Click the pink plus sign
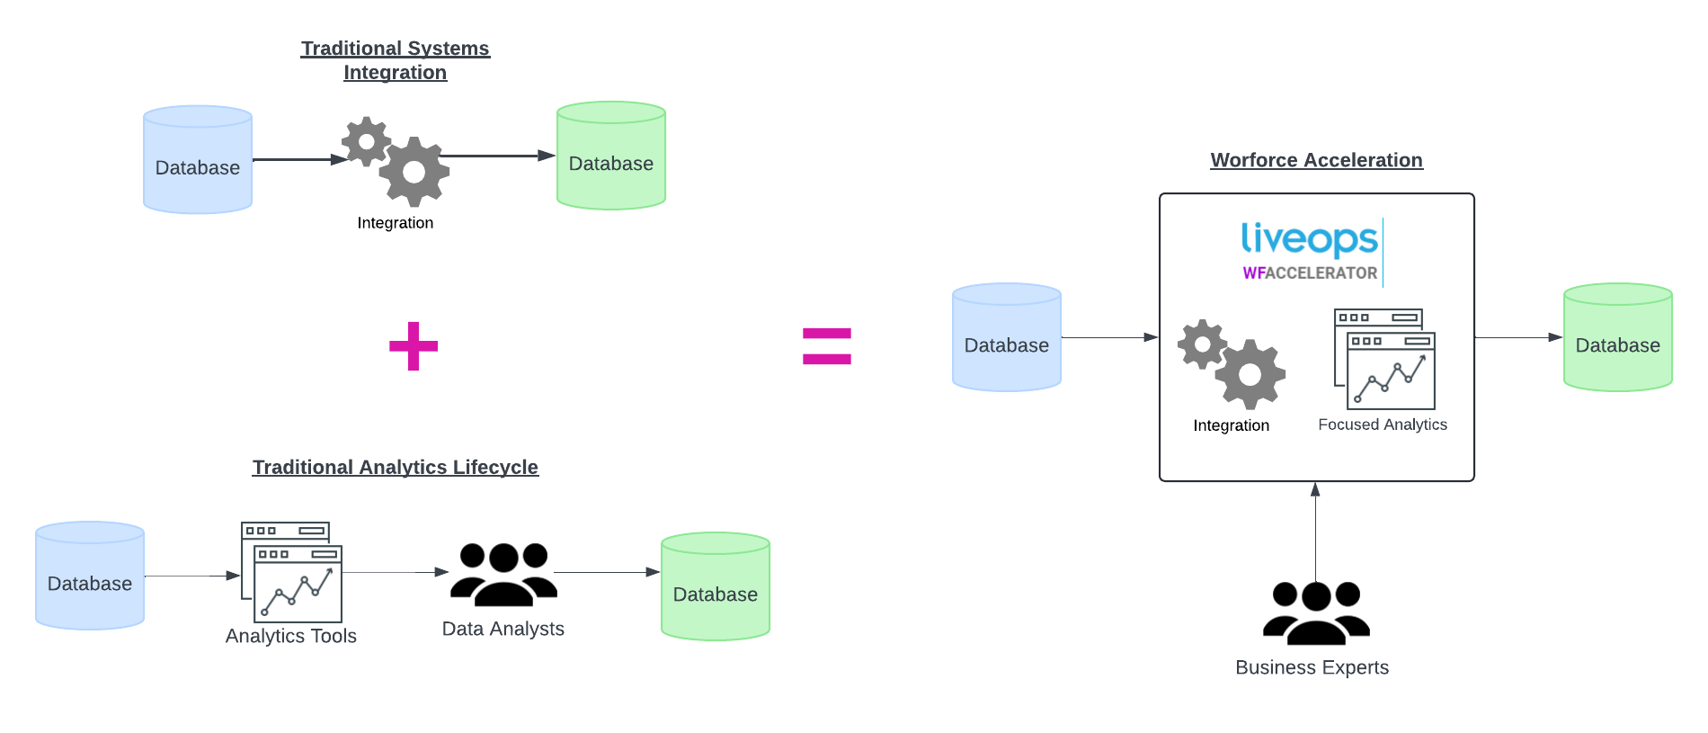tap(414, 346)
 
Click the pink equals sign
tap(826, 346)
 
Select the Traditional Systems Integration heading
tap(395, 60)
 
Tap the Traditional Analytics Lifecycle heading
tap(395, 468)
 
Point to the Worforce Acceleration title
tap(1316, 160)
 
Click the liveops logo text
tap(1309, 239)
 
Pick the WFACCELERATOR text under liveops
tap(1310, 273)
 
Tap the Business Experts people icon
tap(1316, 613)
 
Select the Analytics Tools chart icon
tap(292, 573)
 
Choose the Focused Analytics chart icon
tap(1385, 360)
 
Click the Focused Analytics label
tap(1383, 425)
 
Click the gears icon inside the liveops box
tap(1232, 364)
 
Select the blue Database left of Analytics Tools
tap(90, 576)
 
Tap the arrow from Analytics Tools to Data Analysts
tap(396, 572)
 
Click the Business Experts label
tap(1312, 667)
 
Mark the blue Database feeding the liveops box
tap(1007, 337)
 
